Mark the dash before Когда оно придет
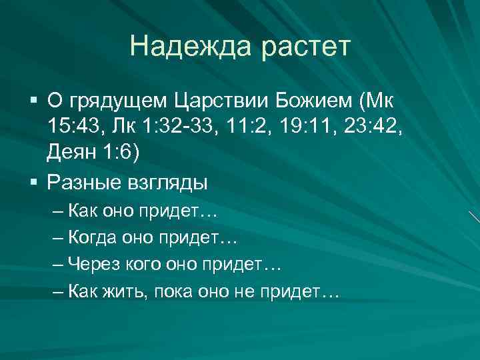coord(59,238)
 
